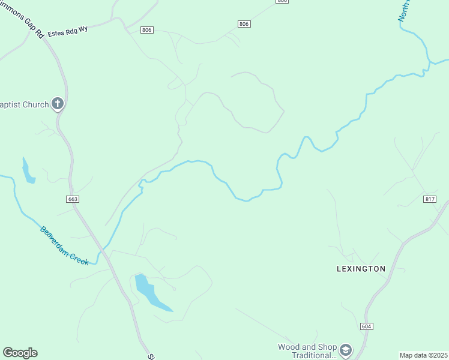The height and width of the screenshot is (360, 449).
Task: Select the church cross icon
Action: (x=58, y=104)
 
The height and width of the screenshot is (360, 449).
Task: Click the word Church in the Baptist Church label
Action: (x=35, y=105)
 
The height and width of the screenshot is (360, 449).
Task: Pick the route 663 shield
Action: (x=73, y=199)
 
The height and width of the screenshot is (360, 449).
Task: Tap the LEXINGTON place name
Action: (x=361, y=269)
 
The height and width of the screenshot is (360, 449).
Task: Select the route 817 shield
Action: (x=430, y=199)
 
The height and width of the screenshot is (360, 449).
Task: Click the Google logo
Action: (x=20, y=353)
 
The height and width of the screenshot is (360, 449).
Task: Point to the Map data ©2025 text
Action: (x=423, y=355)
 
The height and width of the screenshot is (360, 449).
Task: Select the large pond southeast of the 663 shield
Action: (x=150, y=293)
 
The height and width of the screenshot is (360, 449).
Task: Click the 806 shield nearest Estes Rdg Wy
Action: (x=148, y=30)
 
